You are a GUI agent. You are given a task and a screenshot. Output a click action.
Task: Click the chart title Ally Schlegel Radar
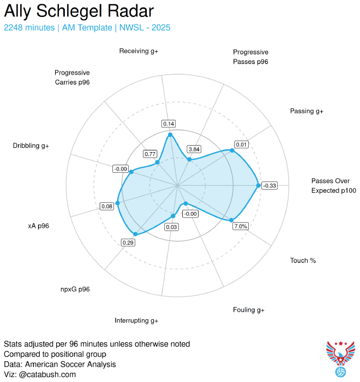pos(79,11)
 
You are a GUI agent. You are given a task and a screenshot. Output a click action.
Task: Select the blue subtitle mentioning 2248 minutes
pos(87,27)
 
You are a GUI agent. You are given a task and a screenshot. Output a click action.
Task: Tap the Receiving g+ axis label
pos(139,51)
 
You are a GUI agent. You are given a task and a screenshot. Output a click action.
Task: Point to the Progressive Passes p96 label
pos(250,57)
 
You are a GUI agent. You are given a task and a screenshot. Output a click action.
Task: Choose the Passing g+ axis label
pos(307,111)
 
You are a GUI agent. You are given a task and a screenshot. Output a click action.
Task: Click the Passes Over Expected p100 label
pos(333,186)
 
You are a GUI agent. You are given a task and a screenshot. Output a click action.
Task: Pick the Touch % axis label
pos(303,260)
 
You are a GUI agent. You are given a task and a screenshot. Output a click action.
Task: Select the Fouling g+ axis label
pos(248,310)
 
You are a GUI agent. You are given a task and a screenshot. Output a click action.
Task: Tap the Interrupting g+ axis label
pos(136,320)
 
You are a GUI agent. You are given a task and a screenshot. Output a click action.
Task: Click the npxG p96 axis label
pos(75,289)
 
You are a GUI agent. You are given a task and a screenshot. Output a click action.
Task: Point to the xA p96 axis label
pos(38,226)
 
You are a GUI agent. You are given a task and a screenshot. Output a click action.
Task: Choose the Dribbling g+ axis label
pos(31,145)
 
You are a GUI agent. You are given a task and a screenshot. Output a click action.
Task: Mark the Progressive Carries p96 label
pos(72,77)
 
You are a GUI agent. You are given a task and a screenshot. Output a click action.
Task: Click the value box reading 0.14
pos(169,124)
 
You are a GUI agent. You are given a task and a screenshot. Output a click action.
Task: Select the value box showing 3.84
pos(194,149)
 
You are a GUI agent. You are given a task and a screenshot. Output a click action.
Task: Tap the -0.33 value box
pos(269,186)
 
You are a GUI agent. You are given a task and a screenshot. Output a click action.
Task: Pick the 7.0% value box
pos(241,226)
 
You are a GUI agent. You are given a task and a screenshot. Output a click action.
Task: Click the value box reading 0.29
pos(128,242)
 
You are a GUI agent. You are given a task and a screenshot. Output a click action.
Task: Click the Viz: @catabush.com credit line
pos(40,374)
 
